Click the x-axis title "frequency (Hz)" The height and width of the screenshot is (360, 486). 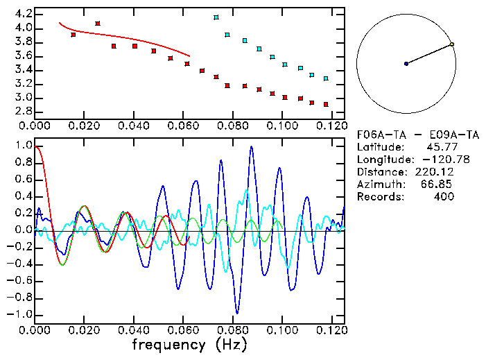click(188, 344)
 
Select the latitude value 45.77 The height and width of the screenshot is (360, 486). click(438, 147)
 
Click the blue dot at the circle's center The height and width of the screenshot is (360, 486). click(406, 64)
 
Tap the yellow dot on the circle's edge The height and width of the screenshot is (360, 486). click(451, 44)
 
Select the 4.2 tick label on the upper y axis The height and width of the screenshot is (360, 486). click(21, 14)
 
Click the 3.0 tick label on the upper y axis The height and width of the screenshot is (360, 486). click(21, 98)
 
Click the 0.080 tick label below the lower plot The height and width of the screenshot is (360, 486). click(232, 330)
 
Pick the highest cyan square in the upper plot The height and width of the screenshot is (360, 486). click(216, 17)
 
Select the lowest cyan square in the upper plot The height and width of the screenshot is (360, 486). click(326, 79)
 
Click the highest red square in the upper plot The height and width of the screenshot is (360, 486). click(97, 24)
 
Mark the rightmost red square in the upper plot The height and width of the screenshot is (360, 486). click(326, 104)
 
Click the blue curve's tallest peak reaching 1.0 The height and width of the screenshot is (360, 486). click(252, 146)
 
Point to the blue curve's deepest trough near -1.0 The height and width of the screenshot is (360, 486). click(237, 312)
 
